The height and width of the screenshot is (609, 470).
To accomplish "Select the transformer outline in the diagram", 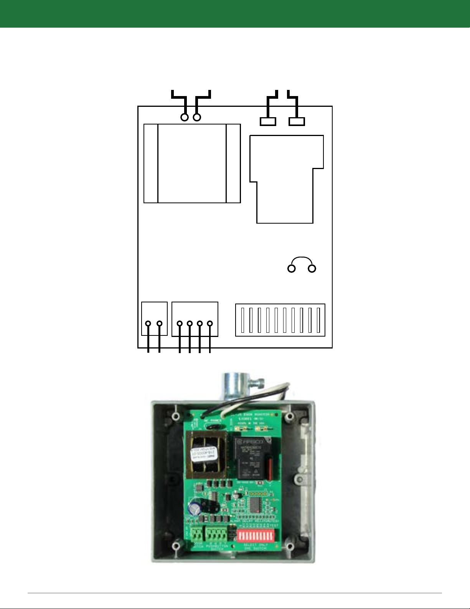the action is pyautogui.click(x=192, y=163).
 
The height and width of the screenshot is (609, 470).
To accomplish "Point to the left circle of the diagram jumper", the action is pyautogui.click(x=292, y=269).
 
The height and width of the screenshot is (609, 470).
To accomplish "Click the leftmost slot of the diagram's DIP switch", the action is pyautogui.click(x=243, y=320).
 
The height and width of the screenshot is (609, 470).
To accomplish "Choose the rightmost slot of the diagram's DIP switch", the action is pyautogui.click(x=318, y=320).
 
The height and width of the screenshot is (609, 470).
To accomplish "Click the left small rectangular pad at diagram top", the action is pyautogui.click(x=268, y=122).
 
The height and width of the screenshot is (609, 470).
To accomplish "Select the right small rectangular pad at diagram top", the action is pyautogui.click(x=297, y=122).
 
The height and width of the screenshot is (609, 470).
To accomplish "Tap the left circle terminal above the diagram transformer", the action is pyautogui.click(x=185, y=118).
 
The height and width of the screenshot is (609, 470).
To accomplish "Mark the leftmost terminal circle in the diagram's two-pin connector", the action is pyautogui.click(x=148, y=324).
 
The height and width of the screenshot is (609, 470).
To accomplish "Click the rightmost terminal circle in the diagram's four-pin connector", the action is pyautogui.click(x=210, y=324).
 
